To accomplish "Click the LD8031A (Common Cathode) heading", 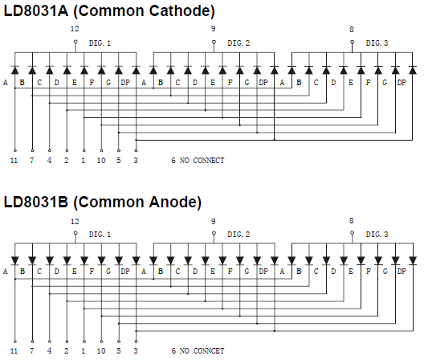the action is pos(109,10).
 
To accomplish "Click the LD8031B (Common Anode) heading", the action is pos(103,202).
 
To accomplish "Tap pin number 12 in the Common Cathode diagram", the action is pos(75,29).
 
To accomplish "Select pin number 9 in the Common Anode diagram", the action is pos(214,222).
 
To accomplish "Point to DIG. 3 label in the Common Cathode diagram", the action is pos(377,43).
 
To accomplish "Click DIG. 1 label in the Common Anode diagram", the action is pos(100,234).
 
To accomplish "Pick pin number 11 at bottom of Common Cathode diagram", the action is pos(14,161).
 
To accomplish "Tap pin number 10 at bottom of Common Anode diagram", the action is pos(101,351).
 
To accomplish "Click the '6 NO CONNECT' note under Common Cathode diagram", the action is pos(198,161).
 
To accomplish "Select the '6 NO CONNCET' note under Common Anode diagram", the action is pos(198,351).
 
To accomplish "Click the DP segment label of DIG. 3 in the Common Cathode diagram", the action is pos(402,82).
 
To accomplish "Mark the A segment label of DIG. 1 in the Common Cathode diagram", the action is pos(6,82).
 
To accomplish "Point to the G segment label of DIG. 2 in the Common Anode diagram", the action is pos(247,271).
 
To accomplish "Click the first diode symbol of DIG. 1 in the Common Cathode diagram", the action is pos(15,70).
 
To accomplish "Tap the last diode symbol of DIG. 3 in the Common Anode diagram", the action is pos(413,260).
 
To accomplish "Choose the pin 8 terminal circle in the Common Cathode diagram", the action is pos(352,42).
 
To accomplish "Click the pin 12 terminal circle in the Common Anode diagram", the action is pos(75,233).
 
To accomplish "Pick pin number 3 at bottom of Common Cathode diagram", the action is pos(136,161).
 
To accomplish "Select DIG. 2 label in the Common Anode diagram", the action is pos(238,234).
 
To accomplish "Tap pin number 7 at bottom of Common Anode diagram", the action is pos(32,351).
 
